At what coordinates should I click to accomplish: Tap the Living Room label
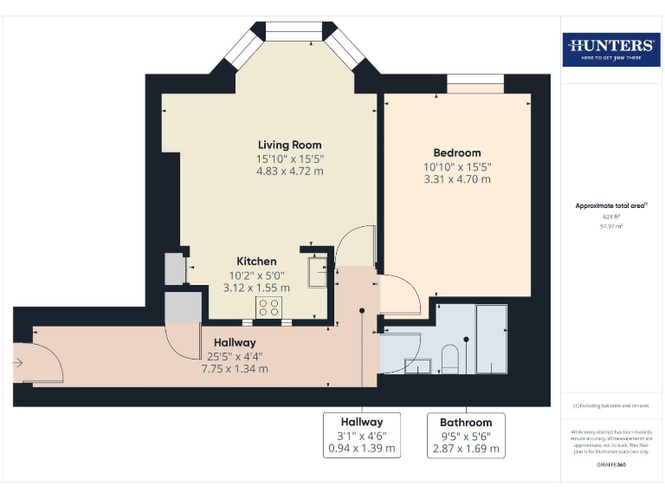coord(289,145)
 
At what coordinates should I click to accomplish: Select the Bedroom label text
coord(456,152)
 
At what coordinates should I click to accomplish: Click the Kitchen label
coord(257,261)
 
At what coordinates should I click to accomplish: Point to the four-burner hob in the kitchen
coord(268,307)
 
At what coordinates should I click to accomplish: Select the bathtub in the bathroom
coord(492,338)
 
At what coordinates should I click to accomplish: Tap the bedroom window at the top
coord(475,84)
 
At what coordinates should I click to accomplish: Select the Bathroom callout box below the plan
coord(465,435)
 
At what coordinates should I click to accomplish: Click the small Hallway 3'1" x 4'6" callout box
coord(362,435)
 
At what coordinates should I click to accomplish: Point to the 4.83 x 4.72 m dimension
coord(289,172)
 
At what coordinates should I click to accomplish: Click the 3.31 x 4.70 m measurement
coord(456,179)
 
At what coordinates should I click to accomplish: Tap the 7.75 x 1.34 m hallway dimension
coord(229,368)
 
